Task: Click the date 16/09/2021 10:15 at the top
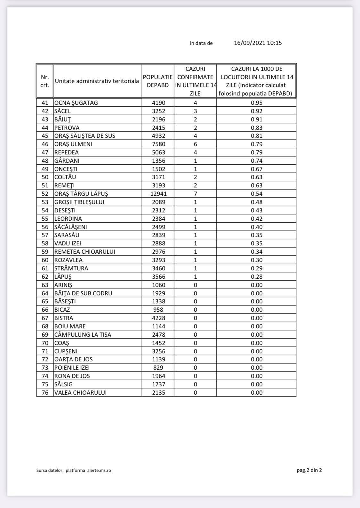(x=258, y=43)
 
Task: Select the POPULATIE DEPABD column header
(x=158, y=81)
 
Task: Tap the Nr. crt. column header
(x=45, y=81)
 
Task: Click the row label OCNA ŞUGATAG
(x=76, y=103)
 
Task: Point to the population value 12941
(x=158, y=194)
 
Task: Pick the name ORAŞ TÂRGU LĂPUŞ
(x=81, y=194)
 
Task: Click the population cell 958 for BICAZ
(x=158, y=310)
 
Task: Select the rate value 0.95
(x=257, y=103)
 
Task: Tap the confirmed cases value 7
(x=195, y=194)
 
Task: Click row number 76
(x=45, y=393)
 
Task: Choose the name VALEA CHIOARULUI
(x=80, y=393)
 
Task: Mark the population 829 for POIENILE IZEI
(x=158, y=368)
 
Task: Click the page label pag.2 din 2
(x=309, y=470)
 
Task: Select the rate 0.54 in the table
(x=257, y=194)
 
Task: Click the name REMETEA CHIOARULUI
(x=84, y=252)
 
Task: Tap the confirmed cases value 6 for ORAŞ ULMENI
(x=195, y=144)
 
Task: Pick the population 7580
(x=158, y=144)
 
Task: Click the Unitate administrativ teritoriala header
(x=97, y=81)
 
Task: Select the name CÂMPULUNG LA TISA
(x=83, y=335)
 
